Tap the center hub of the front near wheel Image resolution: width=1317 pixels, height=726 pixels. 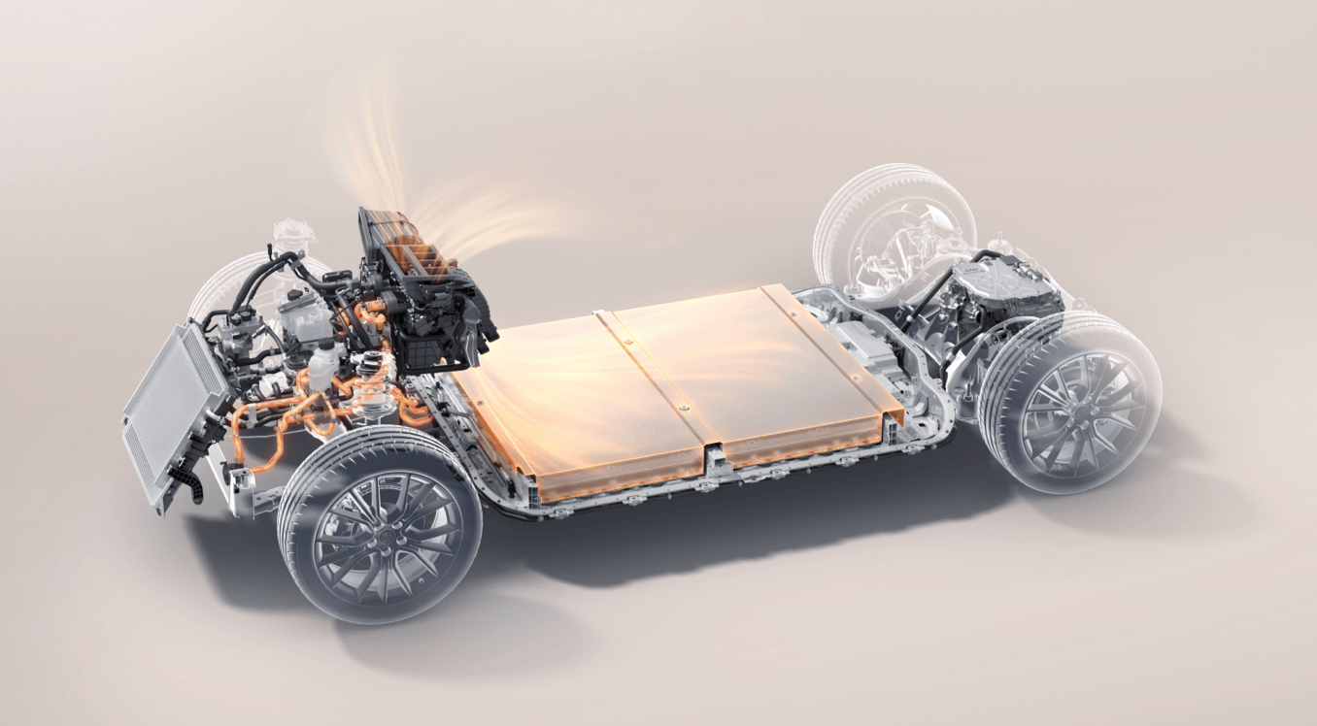[x=380, y=530]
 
